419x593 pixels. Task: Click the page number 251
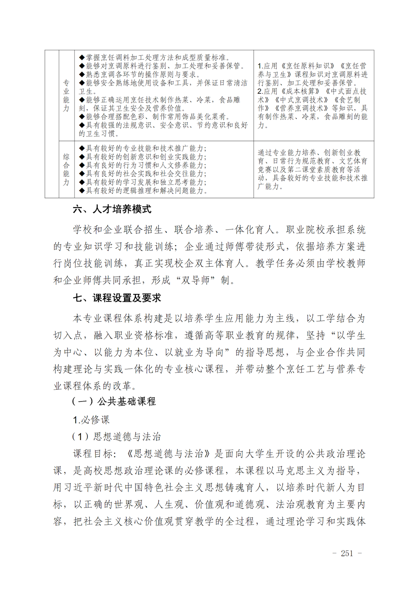pyautogui.click(x=347, y=553)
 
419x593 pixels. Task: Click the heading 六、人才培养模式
pyautogui.click(x=112, y=209)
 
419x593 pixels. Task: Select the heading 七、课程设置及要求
pyautogui.click(x=117, y=298)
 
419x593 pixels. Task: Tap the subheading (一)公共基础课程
pyautogui.click(x=114, y=401)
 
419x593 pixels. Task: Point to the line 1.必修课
pyautogui.click(x=91, y=419)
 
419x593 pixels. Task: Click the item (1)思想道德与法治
pyautogui.click(x=116, y=437)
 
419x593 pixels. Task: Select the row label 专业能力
pyautogui.click(x=66, y=96)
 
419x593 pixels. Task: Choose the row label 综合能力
pyautogui.click(x=66, y=169)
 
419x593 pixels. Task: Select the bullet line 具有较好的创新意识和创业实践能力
pyautogui.click(x=143, y=157)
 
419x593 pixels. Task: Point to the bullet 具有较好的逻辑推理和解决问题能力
pyautogui.click(x=143, y=191)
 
